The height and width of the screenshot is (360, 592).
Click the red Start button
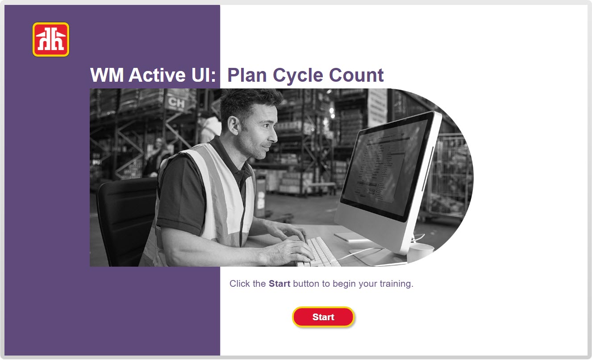[323, 317]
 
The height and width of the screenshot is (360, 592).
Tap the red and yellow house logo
[51, 39]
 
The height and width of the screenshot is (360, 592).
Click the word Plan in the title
[247, 75]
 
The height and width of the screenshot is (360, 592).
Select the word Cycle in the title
[298, 75]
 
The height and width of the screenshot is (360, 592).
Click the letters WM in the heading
[107, 75]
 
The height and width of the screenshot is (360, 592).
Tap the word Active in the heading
[157, 75]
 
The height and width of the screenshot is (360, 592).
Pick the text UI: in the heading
[204, 75]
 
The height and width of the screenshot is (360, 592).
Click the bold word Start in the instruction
[279, 284]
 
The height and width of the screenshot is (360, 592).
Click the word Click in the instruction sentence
[239, 284]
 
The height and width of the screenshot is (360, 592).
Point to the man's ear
[233, 126]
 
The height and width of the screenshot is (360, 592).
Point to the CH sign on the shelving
[176, 102]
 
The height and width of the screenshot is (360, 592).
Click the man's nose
[274, 136]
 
